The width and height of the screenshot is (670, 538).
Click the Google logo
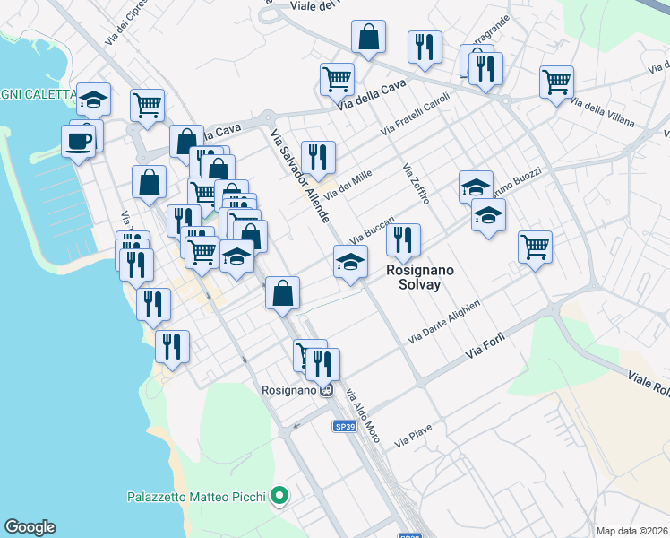[x=30, y=527]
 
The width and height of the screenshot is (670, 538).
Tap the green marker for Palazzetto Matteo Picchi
[x=279, y=495]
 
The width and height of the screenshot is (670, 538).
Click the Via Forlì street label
[x=486, y=346]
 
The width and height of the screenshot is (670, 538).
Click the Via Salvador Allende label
[x=300, y=177]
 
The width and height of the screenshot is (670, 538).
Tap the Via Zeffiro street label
[x=416, y=183]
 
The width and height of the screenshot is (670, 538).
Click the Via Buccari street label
[x=372, y=229]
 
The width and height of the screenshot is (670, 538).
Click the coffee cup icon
[x=79, y=141]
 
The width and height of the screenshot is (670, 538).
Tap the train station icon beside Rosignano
[x=327, y=390]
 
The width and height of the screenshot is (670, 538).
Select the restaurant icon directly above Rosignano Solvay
[x=404, y=239]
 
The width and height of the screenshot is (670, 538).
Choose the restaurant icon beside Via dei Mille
[x=318, y=157]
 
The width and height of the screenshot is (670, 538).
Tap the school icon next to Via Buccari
[x=350, y=262]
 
